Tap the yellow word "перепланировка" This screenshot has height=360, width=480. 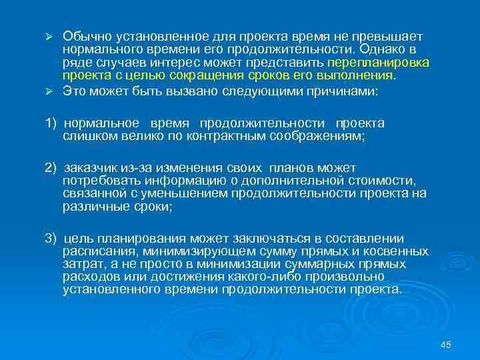[x=387, y=62]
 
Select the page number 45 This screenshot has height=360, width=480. [x=446, y=344]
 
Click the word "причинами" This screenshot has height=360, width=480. [x=345, y=93]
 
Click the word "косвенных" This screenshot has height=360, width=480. [x=397, y=251]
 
